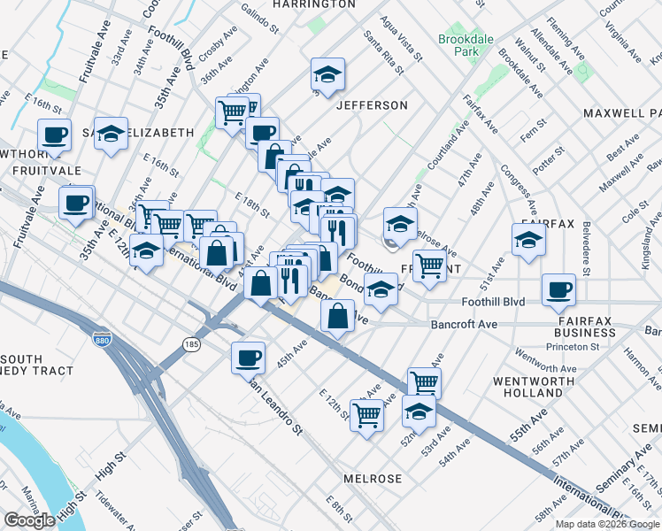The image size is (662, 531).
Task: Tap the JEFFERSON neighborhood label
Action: click(x=372, y=105)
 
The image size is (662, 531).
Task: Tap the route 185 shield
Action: click(x=191, y=342)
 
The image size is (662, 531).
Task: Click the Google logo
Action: click(x=29, y=520)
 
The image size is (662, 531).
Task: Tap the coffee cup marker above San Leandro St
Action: click(x=248, y=358)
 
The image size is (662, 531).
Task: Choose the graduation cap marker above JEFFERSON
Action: click(x=327, y=75)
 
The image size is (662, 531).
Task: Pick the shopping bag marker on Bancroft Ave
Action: click(x=338, y=316)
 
